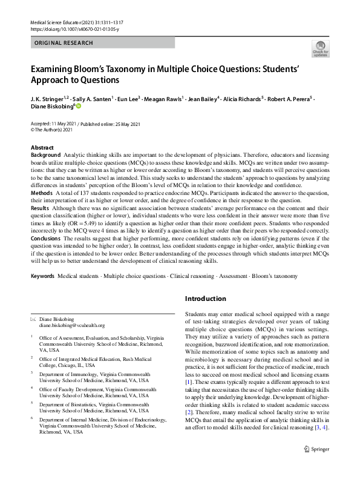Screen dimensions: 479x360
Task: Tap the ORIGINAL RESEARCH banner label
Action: click(x=64, y=43)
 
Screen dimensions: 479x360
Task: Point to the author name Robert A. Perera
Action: click(x=287, y=99)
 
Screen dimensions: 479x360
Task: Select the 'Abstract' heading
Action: click(x=42, y=148)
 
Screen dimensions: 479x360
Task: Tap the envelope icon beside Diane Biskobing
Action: click(x=33, y=319)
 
